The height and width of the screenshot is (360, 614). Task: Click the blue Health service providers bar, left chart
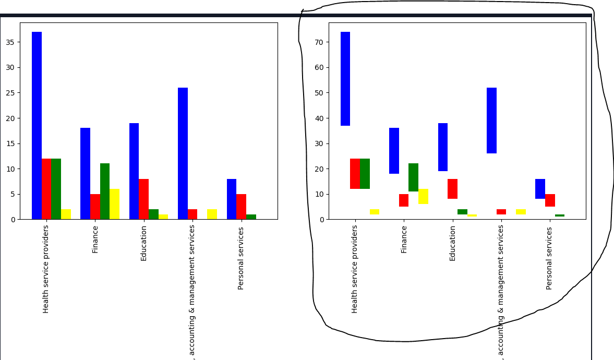point(37,125)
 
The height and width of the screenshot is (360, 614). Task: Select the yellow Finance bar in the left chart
point(114,204)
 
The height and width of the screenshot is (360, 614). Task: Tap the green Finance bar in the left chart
point(105,191)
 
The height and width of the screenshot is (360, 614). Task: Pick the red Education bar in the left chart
point(143,199)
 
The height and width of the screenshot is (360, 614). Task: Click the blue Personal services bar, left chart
point(232,199)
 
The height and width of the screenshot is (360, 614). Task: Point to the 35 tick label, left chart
point(10,42)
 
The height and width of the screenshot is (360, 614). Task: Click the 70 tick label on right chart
point(319,42)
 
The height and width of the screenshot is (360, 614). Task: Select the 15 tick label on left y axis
point(10,143)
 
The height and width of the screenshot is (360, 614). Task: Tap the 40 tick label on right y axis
point(319,118)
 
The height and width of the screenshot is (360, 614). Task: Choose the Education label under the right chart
point(452,243)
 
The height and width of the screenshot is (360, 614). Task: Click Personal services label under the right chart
point(549,258)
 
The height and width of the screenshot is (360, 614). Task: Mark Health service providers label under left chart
point(46,269)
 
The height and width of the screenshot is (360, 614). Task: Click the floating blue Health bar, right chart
point(345,79)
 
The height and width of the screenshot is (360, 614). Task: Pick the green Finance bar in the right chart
point(413,177)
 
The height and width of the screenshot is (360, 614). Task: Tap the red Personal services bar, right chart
point(550,200)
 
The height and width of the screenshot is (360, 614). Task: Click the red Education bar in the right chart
point(452,189)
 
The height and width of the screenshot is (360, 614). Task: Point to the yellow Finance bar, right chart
point(423,196)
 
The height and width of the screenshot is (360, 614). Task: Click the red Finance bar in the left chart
point(95,207)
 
